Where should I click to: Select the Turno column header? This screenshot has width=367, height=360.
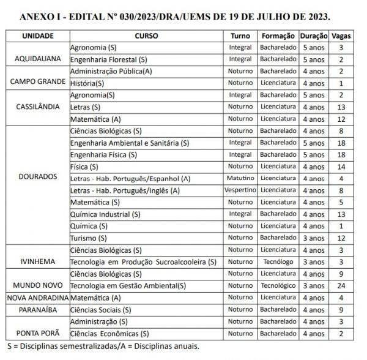pos(240,36)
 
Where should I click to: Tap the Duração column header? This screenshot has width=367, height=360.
pos(314,36)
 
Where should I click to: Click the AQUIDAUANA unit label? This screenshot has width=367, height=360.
pos(37,59)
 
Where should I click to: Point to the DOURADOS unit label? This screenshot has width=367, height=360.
pos(37,178)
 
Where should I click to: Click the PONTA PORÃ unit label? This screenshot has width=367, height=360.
pos(37,334)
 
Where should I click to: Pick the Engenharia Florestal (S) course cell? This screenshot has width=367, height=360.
pos(109,59)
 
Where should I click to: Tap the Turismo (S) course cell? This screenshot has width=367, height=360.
pos(89,238)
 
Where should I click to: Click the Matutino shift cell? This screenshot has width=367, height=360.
pos(240,178)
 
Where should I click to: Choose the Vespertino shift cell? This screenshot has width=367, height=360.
pos(240,190)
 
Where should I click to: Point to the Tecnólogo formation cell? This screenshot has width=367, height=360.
pos(278,261)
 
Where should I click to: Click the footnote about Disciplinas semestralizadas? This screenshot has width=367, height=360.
pos(101,347)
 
